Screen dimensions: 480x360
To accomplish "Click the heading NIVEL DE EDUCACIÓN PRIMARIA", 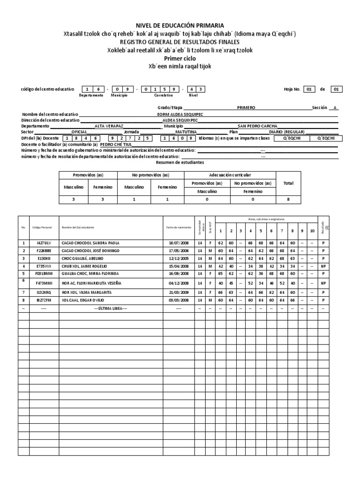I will (x=180, y=25).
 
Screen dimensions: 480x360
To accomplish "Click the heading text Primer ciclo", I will (x=180, y=59).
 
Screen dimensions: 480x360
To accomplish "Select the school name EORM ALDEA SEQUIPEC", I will (x=180, y=114).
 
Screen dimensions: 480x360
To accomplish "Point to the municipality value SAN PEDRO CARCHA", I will (x=257, y=126).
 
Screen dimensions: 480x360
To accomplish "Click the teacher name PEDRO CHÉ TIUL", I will (x=117, y=144).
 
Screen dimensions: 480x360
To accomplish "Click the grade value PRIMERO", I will (x=246, y=107).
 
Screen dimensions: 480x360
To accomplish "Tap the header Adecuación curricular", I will (x=230, y=174).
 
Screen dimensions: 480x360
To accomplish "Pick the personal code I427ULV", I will (x=44, y=243).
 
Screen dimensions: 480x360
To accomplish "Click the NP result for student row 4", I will (x=323, y=266).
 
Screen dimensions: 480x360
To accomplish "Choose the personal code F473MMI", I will (x=44, y=283).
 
